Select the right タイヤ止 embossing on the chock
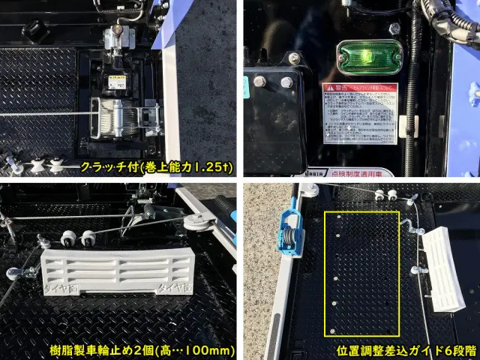[x=172, y=289]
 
